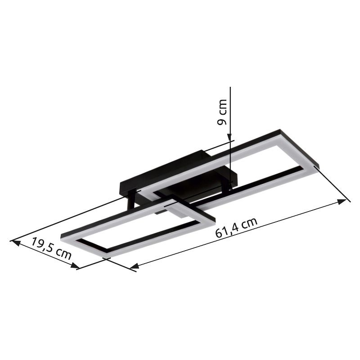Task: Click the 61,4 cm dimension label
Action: [x=236, y=228]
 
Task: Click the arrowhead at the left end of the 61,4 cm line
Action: [x=133, y=267]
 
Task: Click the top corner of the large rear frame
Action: [x=280, y=131]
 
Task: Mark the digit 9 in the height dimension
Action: [x=222, y=121]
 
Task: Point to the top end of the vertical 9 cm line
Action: [x=229, y=88]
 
